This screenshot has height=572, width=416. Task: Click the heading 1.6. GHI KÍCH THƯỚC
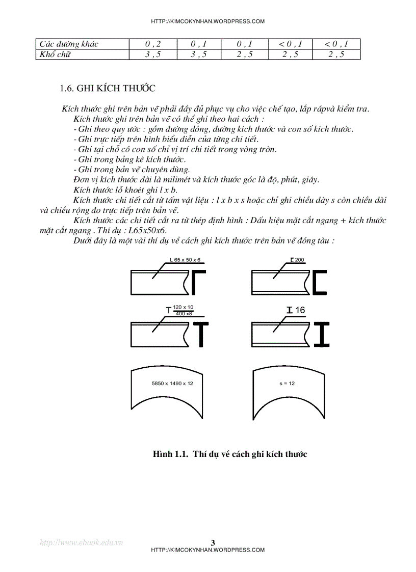coord(108,88)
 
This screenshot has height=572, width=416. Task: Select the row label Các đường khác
coord(69,44)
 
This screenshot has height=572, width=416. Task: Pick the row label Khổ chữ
coord(55,55)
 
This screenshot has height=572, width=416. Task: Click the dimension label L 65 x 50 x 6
coord(186,260)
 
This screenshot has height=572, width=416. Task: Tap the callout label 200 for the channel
coord(299,260)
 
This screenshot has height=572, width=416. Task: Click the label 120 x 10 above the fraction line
coord(184,307)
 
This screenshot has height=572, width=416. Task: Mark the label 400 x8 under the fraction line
coord(184,314)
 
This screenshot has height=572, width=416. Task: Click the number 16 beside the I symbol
coord(300,310)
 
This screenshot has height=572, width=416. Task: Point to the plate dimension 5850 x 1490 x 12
coord(172,383)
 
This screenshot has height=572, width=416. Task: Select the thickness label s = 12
coord(287,383)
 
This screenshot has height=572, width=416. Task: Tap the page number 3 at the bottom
coord(213,542)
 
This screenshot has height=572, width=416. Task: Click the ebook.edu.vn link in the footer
coord(82,542)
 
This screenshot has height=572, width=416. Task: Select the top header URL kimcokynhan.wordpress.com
coord(208,21)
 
